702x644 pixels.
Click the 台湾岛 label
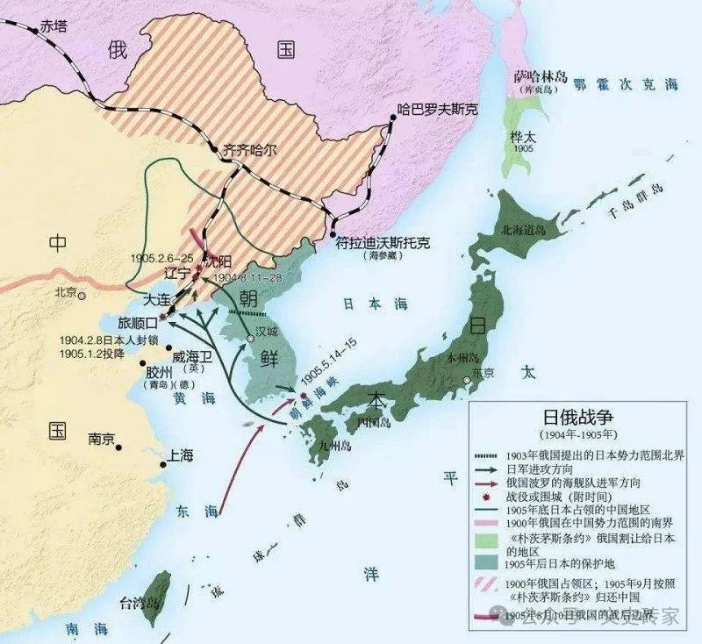pyautogui.click(x=140, y=603)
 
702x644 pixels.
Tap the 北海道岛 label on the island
pyautogui.click(x=523, y=229)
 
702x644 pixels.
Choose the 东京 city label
pyautogui.click(x=480, y=372)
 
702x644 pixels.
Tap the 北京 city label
pyautogui.click(x=67, y=292)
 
